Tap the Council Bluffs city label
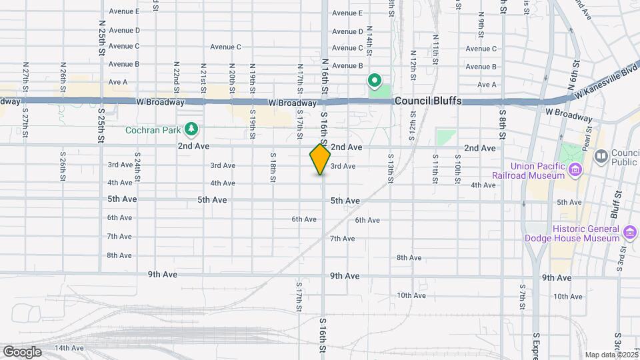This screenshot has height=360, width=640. pos(427,101)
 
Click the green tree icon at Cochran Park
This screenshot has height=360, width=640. pos(192,127)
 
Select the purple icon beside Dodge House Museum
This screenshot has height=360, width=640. pos(629,233)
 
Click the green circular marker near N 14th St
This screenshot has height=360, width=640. pos(375,82)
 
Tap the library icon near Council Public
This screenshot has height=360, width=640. pos(601,156)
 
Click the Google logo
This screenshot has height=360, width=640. pos(22,351)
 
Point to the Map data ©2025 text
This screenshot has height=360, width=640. pos(611,355)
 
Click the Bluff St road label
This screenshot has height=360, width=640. pos(617,211)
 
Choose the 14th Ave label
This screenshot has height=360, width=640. pos(69,348)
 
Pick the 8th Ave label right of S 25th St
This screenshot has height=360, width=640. pos(120,255)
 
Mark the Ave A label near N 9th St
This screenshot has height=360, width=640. pos(487,85)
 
